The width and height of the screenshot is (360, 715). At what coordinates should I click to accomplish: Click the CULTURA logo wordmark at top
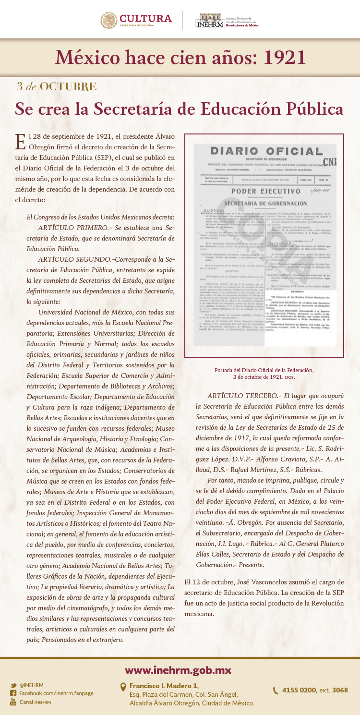[x=145, y=19]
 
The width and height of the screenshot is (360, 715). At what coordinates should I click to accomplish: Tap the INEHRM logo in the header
[x=208, y=21]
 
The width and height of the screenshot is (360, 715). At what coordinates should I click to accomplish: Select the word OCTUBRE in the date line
[x=68, y=87]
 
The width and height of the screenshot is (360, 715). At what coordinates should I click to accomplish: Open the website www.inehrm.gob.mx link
[x=178, y=670]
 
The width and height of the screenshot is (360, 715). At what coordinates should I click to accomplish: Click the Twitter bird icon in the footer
[x=13, y=685]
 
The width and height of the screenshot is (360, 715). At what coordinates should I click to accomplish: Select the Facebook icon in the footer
[x=13, y=693]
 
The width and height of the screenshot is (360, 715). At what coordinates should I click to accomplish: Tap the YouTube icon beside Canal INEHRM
[x=13, y=702]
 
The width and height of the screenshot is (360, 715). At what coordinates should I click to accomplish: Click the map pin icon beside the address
[x=123, y=687]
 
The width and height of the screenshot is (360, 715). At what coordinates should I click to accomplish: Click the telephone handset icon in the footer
[x=276, y=691]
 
